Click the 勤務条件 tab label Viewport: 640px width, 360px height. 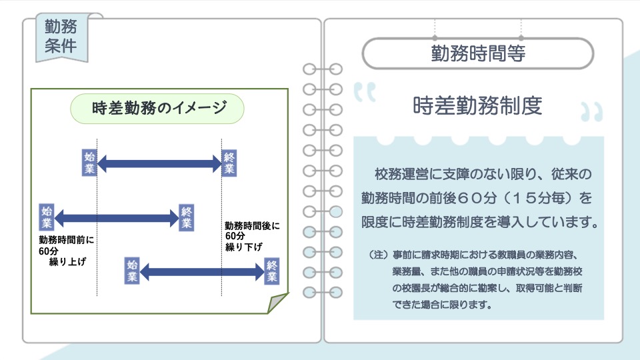61,36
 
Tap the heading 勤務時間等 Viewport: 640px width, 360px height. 478,53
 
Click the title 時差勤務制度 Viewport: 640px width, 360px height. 477,106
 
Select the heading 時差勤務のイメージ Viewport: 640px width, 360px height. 159,108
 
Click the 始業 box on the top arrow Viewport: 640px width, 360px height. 89,163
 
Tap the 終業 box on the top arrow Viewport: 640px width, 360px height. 229,163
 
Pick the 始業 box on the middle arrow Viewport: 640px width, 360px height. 47,217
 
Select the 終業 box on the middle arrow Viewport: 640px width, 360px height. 187,217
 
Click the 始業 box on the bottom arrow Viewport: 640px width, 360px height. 132,271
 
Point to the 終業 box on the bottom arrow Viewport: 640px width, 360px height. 272,271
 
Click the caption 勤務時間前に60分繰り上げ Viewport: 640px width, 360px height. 66,251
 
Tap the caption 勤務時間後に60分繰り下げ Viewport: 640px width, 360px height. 252,236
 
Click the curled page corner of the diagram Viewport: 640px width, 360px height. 277,303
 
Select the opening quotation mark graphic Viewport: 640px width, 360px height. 365,92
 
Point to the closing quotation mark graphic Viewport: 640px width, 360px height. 592,112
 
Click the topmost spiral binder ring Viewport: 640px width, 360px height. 323,69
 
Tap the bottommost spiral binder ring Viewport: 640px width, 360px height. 323,292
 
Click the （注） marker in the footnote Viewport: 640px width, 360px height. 379,255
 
